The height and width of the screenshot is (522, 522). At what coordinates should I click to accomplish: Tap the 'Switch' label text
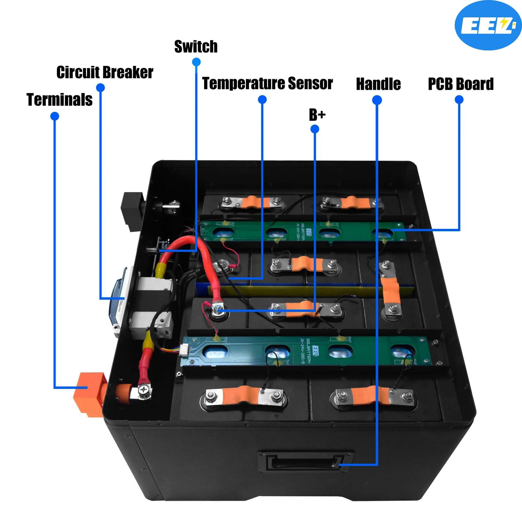[x=196, y=46]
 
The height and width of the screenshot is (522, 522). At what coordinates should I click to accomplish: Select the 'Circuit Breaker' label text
[x=105, y=72]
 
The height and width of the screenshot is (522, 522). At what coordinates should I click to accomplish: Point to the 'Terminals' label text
[x=59, y=99]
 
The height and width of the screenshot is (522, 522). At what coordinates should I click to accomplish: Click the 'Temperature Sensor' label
[x=267, y=83]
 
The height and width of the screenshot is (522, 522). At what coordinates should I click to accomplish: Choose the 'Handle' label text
[x=378, y=84]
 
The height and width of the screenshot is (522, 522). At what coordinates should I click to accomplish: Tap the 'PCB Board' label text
[x=461, y=84]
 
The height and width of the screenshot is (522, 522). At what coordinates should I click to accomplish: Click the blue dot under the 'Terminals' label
[x=55, y=116]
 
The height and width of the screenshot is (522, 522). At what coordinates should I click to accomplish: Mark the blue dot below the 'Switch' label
[x=197, y=62]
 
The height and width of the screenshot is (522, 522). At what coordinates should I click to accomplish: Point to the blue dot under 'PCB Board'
[x=459, y=100]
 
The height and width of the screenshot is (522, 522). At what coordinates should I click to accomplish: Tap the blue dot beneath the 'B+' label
[x=315, y=129]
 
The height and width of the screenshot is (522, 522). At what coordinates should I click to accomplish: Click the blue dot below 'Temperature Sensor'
[x=262, y=100]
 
